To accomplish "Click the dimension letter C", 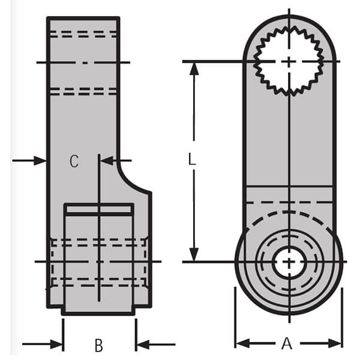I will point(73,161).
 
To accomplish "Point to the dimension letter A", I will point(287,343).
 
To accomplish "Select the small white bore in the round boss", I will point(289,262).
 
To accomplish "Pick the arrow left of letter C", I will point(40,160).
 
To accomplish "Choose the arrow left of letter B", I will point(56,344).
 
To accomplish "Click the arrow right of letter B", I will point(143,344).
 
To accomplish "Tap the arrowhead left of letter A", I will point(241,343).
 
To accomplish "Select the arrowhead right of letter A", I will point(336,343).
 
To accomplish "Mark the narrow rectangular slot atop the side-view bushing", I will point(99,209).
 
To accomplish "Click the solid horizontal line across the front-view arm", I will point(289,187).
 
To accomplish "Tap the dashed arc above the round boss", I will point(289,212).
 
